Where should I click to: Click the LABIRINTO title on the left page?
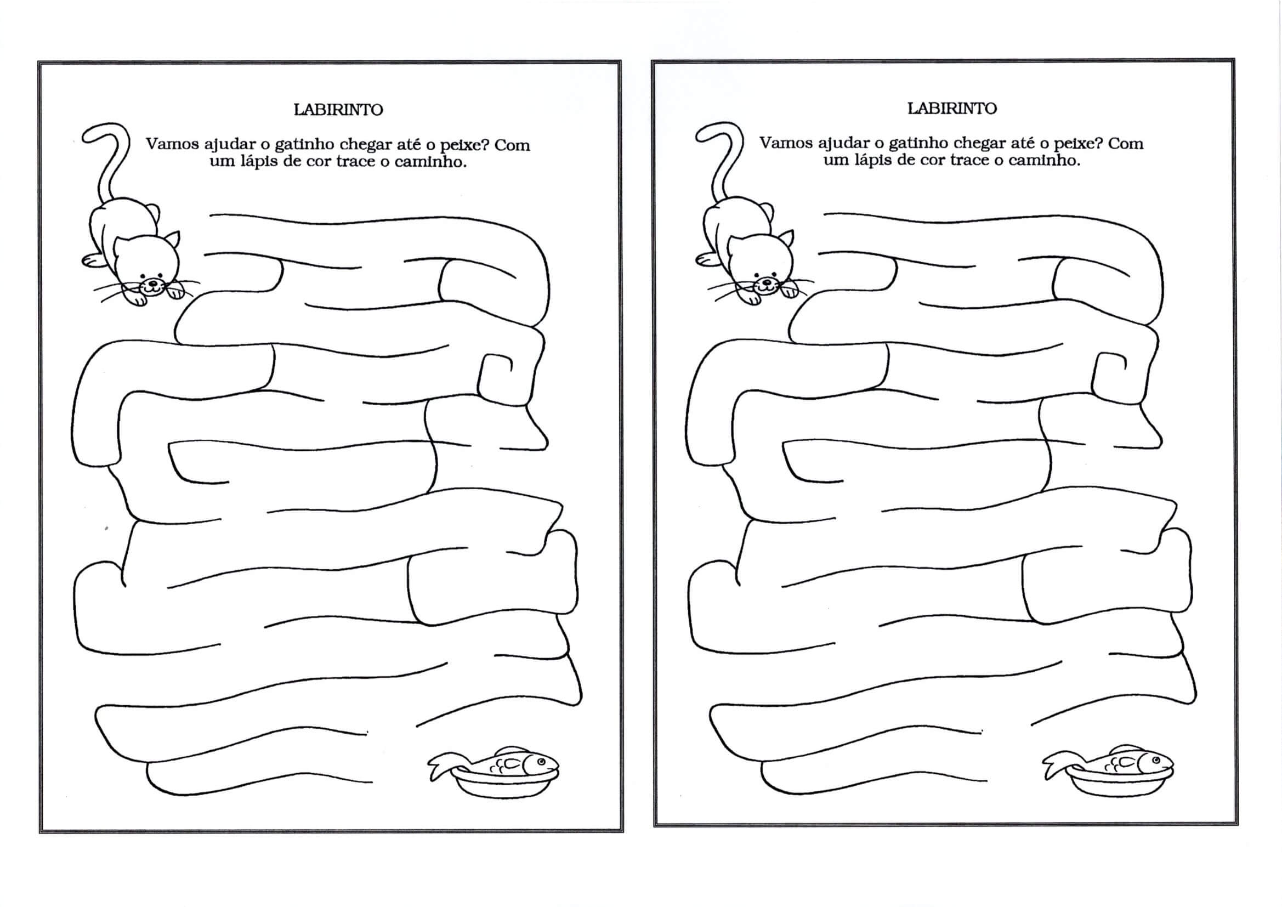click(338, 110)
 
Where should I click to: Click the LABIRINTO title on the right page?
click(952, 109)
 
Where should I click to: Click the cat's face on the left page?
click(148, 265)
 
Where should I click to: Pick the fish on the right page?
click(1108, 761)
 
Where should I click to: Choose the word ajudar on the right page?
click(841, 144)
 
